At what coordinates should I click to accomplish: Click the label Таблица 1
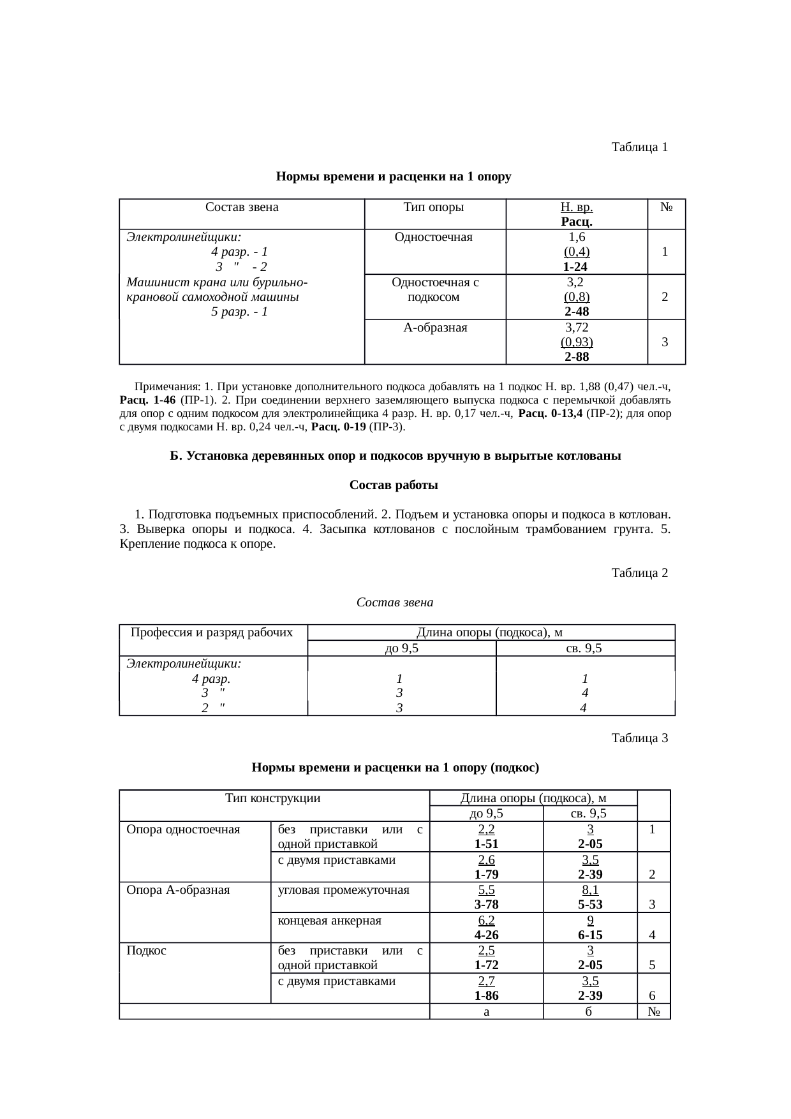coord(639,147)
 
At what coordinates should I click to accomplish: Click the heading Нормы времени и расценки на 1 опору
coord(394,177)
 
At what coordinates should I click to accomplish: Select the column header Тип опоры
coord(434,207)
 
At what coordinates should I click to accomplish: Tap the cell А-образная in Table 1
coord(435,328)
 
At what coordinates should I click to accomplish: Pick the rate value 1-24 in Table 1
coord(575,267)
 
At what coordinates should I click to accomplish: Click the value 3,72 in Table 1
coord(577,328)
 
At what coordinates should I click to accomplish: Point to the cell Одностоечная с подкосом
coord(435,289)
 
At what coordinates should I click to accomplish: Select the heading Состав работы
coord(394,485)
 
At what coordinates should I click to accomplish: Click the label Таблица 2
coord(639,573)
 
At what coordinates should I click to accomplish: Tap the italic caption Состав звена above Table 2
coord(394,602)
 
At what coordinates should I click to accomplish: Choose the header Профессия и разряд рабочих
coord(212,633)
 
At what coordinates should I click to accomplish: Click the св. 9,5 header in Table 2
coord(584,648)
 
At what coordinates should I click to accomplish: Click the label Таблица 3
coord(639,738)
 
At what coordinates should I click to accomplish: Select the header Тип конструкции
coord(273,798)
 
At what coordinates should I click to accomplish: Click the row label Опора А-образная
coord(178,889)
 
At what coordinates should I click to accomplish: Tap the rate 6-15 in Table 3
coord(590,935)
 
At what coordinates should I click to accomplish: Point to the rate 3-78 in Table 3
coord(486,904)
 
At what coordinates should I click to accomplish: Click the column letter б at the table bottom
coord(589,1011)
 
